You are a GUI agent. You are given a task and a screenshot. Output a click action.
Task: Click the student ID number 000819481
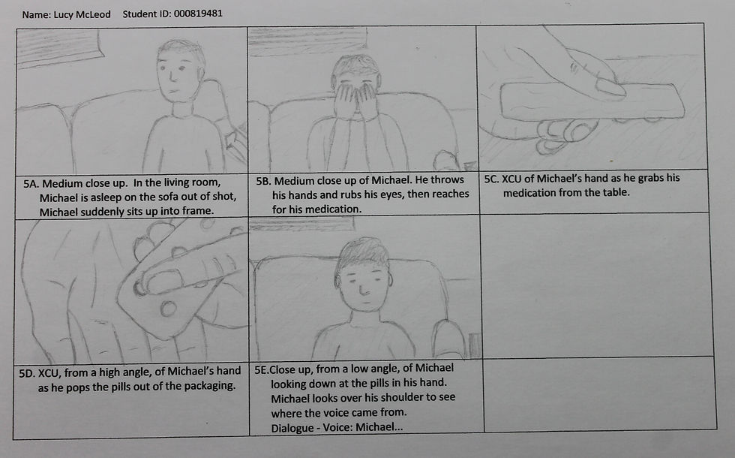tap(198, 14)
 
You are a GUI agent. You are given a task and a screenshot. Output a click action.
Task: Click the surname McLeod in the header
tap(93, 14)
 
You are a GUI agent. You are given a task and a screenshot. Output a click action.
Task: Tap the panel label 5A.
tap(31, 183)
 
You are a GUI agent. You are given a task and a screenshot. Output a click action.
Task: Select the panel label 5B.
tap(263, 181)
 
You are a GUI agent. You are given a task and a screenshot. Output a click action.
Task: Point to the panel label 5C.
tap(491, 179)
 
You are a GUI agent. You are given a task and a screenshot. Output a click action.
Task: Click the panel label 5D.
tap(27, 373)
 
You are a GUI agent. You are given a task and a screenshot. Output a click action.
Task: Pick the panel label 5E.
tap(262, 369)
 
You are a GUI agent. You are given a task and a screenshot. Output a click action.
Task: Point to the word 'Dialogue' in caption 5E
tap(292, 428)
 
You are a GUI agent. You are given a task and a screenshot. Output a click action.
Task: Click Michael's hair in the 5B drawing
tap(356, 65)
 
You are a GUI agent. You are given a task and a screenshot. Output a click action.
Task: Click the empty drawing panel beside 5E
tap(596, 285)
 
